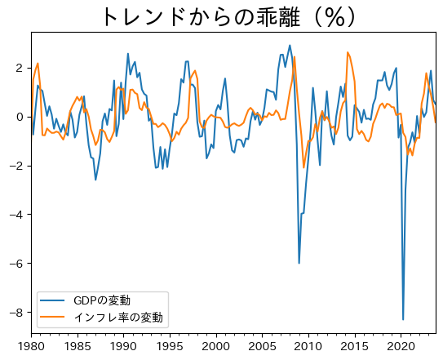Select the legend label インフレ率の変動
(x=118, y=317)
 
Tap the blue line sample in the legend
(x=53, y=301)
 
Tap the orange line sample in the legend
(x=53, y=317)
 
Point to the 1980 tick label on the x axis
(x=32, y=346)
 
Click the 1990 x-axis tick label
(x=124, y=346)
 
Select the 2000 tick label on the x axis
(x=215, y=346)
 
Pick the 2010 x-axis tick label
(x=308, y=346)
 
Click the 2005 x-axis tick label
(x=262, y=346)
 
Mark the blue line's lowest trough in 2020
(x=403, y=319)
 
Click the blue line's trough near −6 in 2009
(x=299, y=263)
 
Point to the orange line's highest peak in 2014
(x=348, y=52)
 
